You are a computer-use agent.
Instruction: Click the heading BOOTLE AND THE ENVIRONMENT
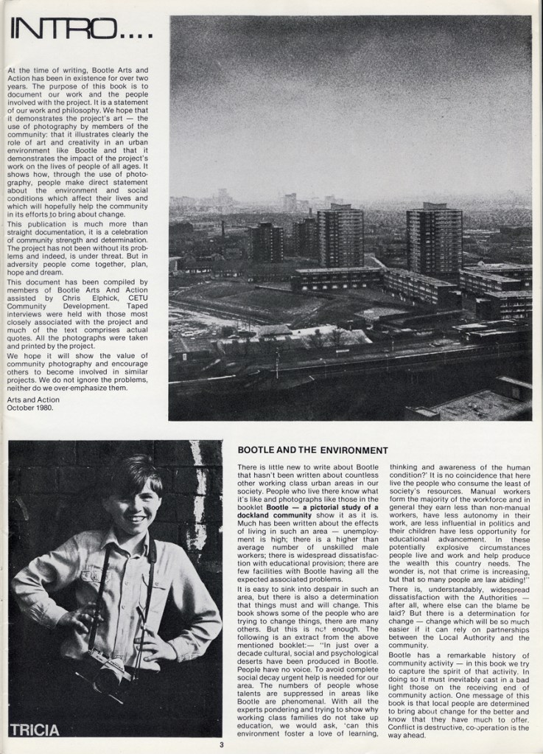(312, 450)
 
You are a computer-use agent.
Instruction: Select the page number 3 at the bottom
(220, 744)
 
